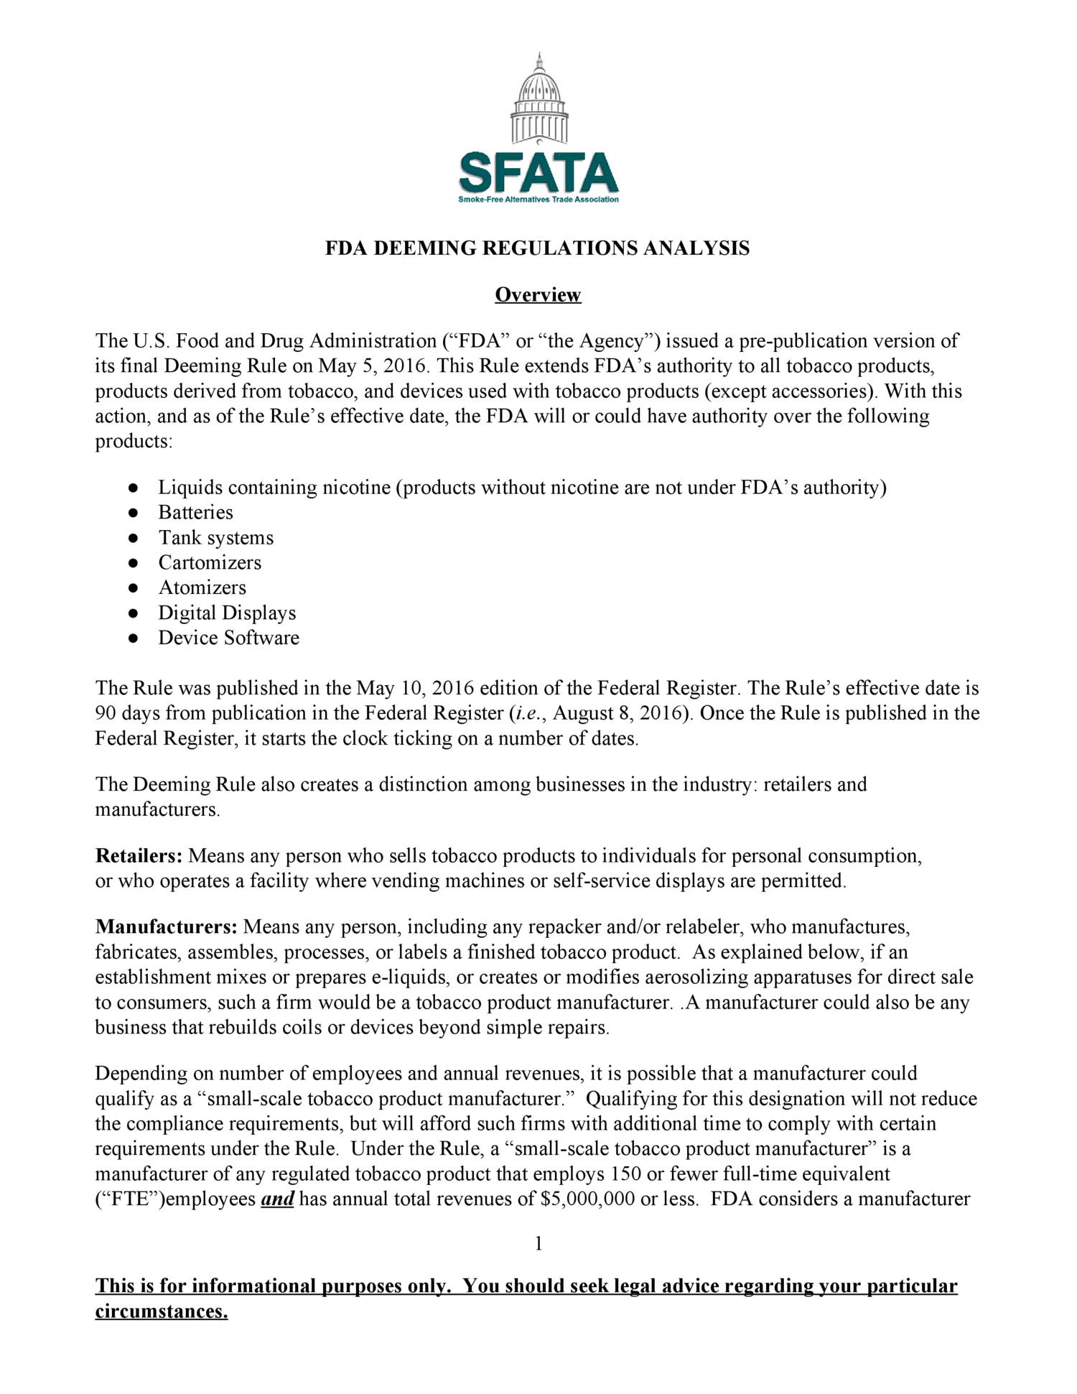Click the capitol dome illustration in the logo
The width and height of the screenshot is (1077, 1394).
[x=539, y=101]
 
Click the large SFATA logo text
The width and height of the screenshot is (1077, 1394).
[x=538, y=173]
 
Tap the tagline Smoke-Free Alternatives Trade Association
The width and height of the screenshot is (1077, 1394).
[x=538, y=200]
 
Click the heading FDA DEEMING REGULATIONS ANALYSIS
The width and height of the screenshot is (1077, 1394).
[x=537, y=248]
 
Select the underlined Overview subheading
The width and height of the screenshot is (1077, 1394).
[x=538, y=295]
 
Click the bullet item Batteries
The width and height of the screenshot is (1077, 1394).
[x=195, y=513]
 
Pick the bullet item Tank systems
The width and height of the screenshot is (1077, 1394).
[x=215, y=538]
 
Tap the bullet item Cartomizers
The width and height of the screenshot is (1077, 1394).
[x=210, y=562]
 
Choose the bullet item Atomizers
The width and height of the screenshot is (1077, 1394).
[x=202, y=587]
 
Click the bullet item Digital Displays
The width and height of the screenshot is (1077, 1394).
[x=227, y=613]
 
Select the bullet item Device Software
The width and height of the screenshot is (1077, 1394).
[x=228, y=638]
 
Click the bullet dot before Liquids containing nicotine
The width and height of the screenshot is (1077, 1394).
[x=133, y=488]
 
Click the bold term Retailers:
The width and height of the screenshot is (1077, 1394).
[x=139, y=856]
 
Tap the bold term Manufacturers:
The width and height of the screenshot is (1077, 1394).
[x=166, y=927]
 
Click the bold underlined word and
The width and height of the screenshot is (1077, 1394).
[x=277, y=1199]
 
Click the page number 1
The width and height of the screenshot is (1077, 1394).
[x=538, y=1244]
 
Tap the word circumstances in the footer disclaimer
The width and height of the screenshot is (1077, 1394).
[x=161, y=1312]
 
